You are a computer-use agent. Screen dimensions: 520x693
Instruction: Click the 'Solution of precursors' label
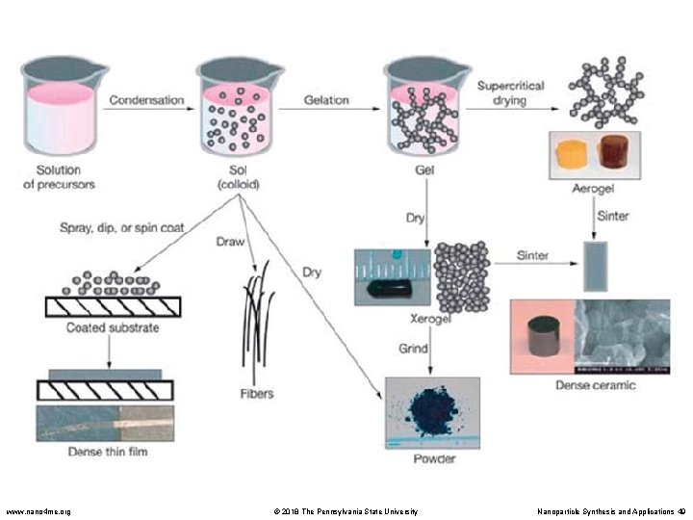(59, 177)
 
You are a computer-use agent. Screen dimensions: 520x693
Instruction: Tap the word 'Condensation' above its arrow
(147, 99)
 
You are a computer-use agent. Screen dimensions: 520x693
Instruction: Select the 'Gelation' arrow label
(326, 99)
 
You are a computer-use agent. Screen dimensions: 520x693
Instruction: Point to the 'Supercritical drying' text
(511, 93)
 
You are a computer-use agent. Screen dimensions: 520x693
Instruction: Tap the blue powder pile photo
(432, 412)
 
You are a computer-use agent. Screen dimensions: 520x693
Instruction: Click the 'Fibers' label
(257, 394)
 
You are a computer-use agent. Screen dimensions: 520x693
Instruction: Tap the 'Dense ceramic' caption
(595, 385)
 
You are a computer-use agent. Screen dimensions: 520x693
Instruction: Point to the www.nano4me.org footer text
(38, 511)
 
